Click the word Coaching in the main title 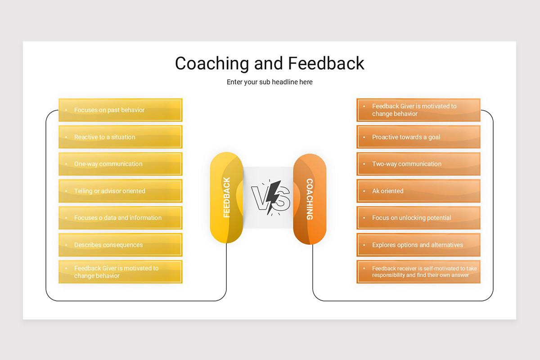(x=212, y=63)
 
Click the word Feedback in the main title (x=326, y=63)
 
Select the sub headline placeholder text (x=270, y=82)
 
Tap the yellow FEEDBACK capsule (x=226, y=198)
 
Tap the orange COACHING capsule (x=310, y=199)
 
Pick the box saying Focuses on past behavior (x=120, y=110)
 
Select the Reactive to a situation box (x=120, y=137)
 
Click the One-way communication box (x=120, y=164)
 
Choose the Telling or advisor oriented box (x=120, y=191)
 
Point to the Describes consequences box (x=120, y=245)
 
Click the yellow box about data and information (x=120, y=218)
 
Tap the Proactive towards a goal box (x=418, y=137)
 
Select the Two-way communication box (x=418, y=164)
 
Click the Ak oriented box (x=418, y=191)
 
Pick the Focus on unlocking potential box (x=418, y=218)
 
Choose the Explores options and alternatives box (x=418, y=245)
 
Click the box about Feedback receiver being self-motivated (x=418, y=272)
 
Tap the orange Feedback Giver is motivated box (x=418, y=110)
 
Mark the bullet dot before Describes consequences (x=66, y=245)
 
